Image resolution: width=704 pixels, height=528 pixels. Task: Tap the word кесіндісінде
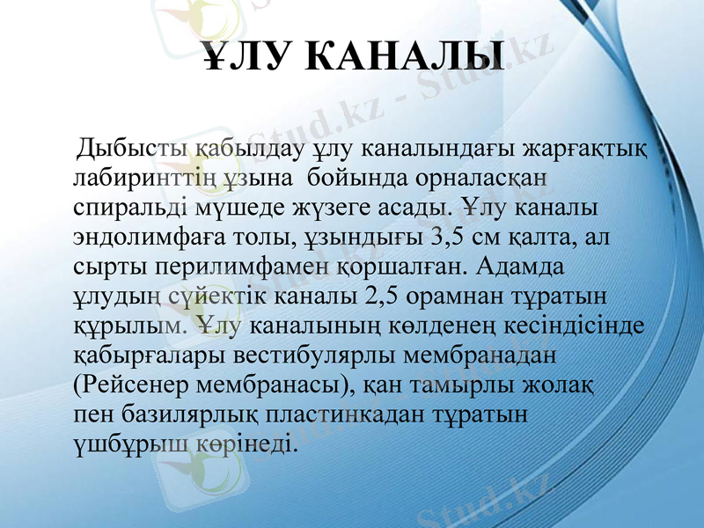(578, 325)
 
